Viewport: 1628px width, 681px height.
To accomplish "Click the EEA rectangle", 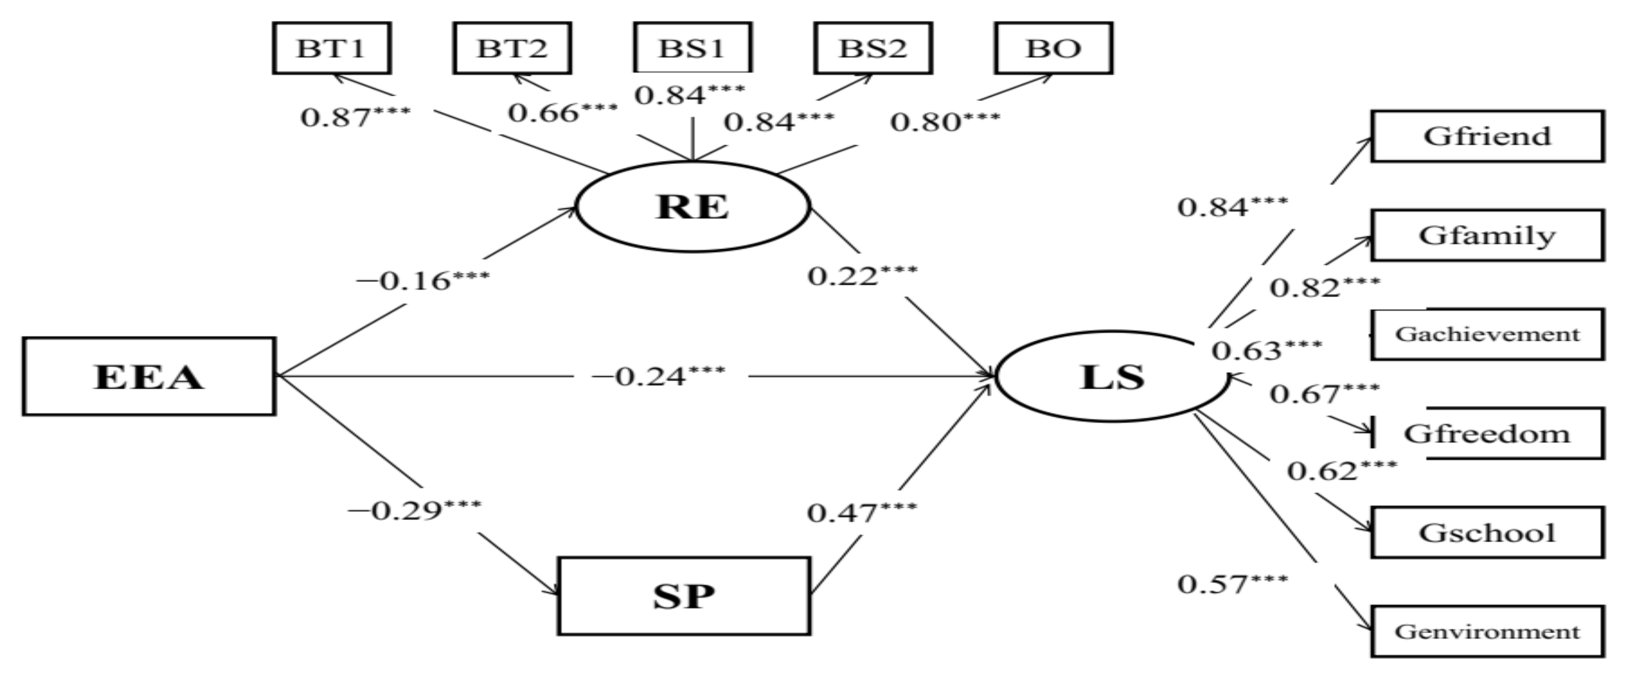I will [149, 376].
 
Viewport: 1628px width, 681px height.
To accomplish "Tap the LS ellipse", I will [1112, 376].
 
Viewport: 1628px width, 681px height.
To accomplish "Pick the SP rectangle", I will [684, 596].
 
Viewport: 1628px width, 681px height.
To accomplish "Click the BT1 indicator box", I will [332, 48].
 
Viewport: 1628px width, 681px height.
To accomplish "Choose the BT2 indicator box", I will [512, 48].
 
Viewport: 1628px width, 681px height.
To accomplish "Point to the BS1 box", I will [692, 48].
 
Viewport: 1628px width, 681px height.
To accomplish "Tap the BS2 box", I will [873, 48].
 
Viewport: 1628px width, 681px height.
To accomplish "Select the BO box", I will [1054, 48].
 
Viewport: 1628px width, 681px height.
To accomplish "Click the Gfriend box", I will [1487, 137].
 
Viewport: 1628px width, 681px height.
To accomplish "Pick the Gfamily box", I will [1487, 236].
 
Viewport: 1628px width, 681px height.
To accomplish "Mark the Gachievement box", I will [1487, 334].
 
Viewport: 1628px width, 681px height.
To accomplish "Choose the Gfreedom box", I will [1487, 433].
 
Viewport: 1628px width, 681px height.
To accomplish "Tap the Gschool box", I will [1487, 533].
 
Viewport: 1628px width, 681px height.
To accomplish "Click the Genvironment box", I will [1487, 631].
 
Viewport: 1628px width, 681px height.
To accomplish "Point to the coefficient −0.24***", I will [658, 376].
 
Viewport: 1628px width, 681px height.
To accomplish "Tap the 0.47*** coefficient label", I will [862, 512].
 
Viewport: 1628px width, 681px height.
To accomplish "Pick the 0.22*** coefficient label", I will [863, 276].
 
